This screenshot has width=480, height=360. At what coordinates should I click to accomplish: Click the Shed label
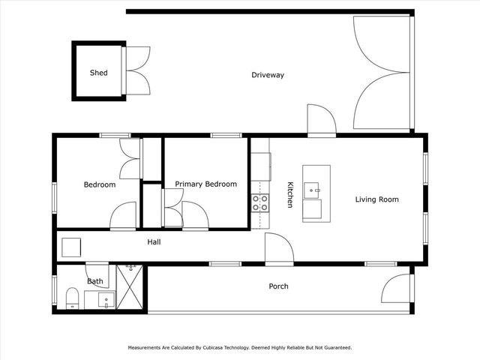tap(98, 73)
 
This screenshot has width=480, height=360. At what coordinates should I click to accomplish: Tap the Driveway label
tap(268, 75)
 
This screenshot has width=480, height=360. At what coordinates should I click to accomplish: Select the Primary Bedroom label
tap(205, 184)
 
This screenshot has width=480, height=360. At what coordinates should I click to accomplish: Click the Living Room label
tap(376, 199)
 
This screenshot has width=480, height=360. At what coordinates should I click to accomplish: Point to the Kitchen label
tap(289, 194)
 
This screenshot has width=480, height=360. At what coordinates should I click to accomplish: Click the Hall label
tap(154, 242)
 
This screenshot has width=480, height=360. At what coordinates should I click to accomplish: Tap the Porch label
tap(278, 286)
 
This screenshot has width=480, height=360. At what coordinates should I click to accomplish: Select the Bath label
tap(95, 282)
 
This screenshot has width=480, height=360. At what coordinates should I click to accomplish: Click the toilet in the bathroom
tap(72, 299)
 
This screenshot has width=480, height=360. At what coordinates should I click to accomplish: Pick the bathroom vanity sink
tap(104, 300)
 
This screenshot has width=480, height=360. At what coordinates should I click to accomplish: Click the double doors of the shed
tap(138, 70)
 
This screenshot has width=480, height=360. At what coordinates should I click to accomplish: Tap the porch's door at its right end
tap(397, 288)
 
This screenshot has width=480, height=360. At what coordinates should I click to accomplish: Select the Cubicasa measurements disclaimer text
tap(240, 347)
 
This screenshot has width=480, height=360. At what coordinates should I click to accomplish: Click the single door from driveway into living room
tap(321, 120)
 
